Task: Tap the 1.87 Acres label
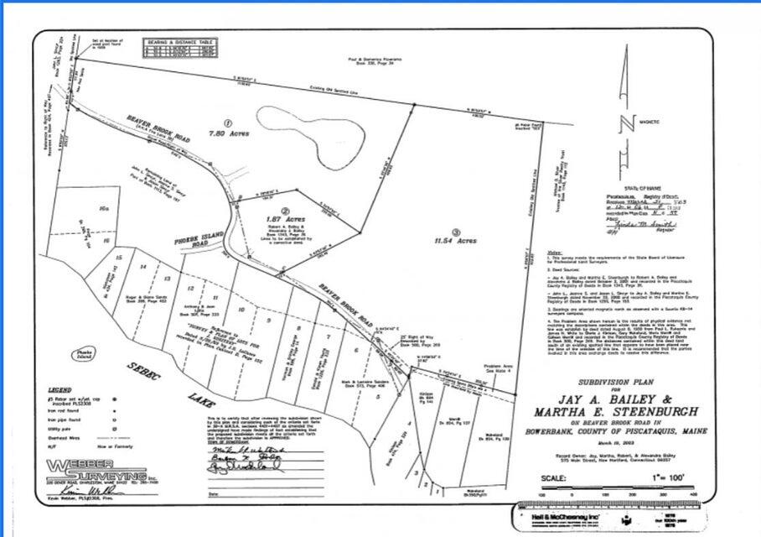coord(287,219)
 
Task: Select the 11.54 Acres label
coord(457,240)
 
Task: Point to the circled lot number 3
coord(456,230)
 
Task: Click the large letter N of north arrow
coord(624,126)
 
